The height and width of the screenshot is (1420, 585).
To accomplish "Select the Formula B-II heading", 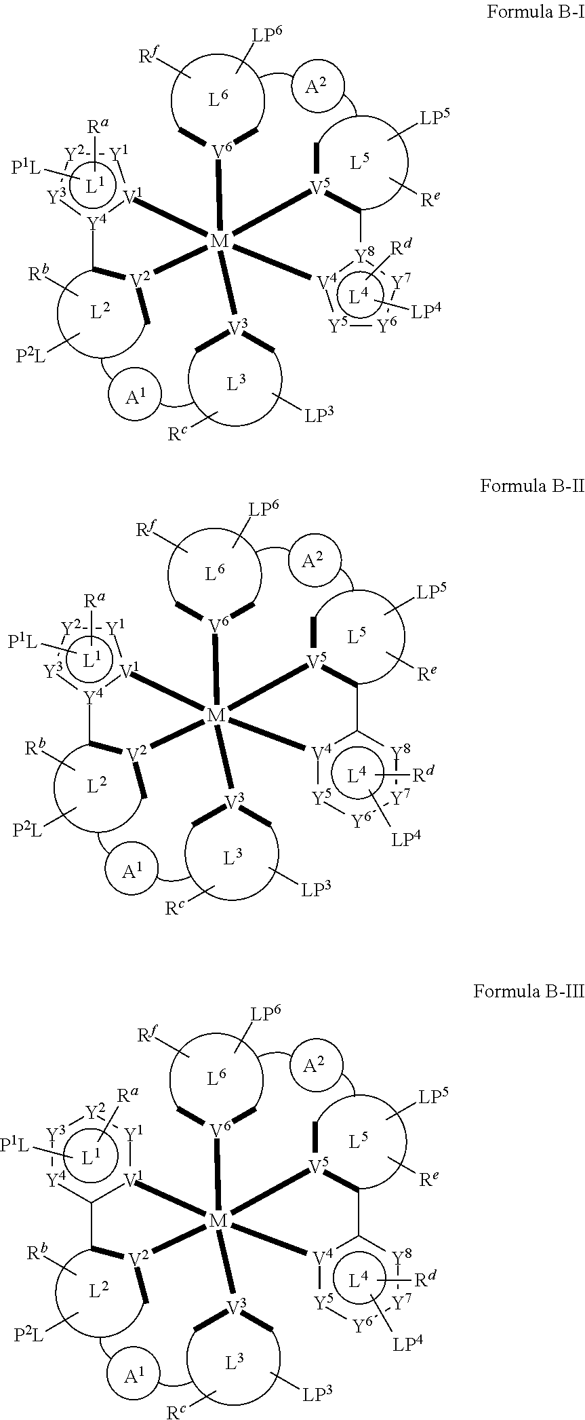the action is [x=531, y=486].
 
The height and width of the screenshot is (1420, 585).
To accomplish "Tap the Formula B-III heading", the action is [x=528, y=991].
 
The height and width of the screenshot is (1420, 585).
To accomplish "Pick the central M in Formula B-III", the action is [x=218, y=1221].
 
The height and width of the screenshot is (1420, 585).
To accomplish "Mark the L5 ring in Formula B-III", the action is [x=359, y=1142].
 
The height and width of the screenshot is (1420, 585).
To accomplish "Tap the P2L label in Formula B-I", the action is [x=31, y=356].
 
